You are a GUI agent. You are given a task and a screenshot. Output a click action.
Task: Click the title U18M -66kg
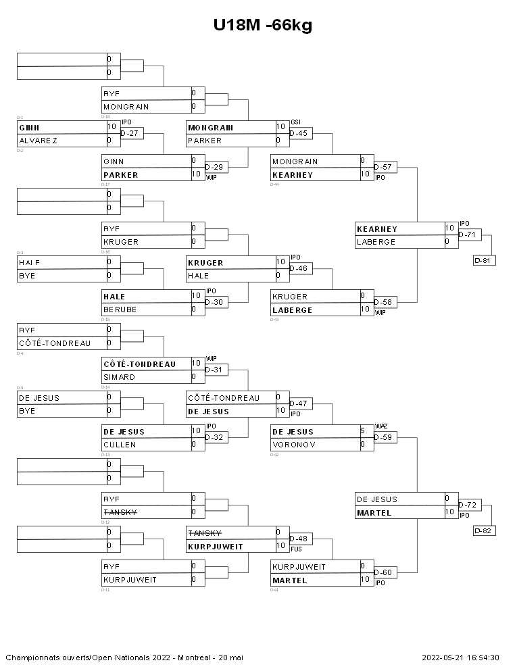tap(263, 25)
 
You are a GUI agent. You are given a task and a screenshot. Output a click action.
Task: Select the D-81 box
tap(485, 260)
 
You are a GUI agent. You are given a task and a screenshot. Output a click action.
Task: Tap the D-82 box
tap(485, 530)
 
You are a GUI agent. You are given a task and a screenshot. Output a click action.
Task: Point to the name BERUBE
tap(120, 309)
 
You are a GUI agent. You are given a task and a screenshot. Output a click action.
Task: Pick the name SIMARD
tap(120, 377)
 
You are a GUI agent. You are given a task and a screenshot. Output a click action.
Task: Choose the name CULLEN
tap(120, 445)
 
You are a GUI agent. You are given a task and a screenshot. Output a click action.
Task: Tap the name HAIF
tap(30, 262)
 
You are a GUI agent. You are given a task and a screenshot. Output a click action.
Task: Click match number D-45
tap(299, 133)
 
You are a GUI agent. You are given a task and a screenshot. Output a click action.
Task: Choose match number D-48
tap(299, 539)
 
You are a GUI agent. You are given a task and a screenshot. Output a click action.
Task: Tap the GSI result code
tap(295, 122)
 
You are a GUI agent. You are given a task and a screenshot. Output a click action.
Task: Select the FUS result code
tap(296, 549)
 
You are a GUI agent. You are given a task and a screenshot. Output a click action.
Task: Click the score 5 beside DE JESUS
tap(362, 431)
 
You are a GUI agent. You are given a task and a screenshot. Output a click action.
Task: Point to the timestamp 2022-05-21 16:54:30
tap(460, 657)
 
